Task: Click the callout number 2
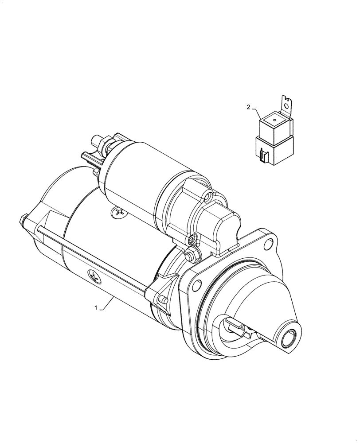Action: tap(249, 107)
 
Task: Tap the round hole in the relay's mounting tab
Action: tap(288, 106)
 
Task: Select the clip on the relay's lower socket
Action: tap(263, 155)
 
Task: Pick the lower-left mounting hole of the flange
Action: tap(193, 288)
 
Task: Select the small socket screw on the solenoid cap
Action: tap(191, 240)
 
